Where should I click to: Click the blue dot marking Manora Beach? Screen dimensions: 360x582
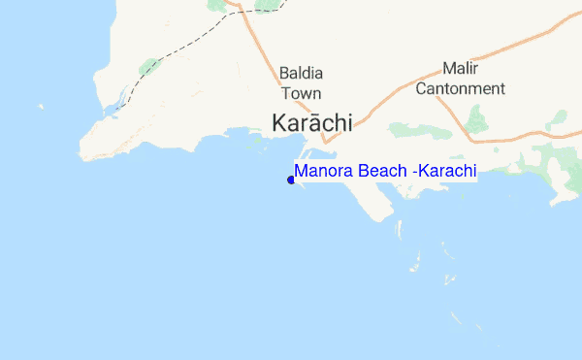(291, 180)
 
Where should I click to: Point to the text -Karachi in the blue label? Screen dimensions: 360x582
(445, 172)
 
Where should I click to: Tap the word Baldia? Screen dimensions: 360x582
(301, 74)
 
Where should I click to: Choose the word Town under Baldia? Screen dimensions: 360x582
(301, 93)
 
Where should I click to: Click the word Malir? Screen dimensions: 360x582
(460, 69)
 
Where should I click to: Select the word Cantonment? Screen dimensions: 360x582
(460, 88)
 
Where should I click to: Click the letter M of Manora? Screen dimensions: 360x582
(302, 172)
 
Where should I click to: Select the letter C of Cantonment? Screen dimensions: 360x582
(421, 88)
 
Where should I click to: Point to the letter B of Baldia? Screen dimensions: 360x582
(284, 74)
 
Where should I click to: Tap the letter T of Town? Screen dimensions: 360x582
(286, 93)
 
